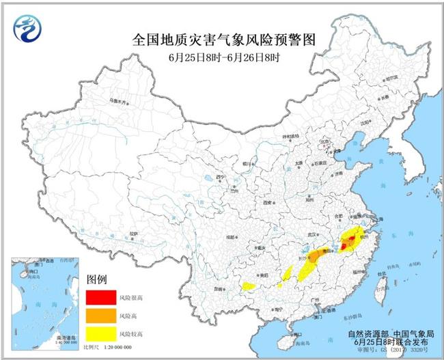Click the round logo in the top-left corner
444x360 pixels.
click(27, 29)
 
